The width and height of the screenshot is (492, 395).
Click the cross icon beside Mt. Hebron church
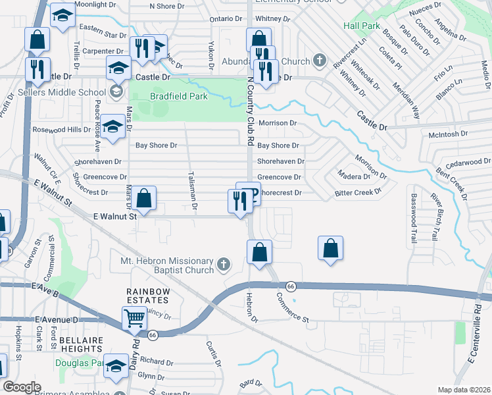(x=223, y=265)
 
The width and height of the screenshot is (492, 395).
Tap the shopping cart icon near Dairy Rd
(x=134, y=317)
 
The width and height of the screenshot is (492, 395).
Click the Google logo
(x=22, y=387)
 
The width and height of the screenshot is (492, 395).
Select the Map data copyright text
(x=464, y=390)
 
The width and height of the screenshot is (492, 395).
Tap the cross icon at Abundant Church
(x=320, y=62)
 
